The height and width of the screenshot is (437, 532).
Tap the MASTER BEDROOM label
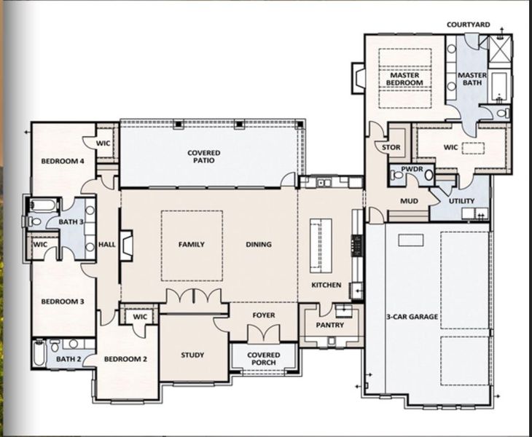point(407,79)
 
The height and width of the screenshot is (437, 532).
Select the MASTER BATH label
point(472,79)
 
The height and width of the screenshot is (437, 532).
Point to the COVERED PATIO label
point(204,157)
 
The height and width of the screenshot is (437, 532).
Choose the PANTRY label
point(330,325)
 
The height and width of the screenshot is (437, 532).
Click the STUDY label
point(192,355)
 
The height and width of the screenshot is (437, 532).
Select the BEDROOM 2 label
point(125,359)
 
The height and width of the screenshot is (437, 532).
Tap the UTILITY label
point(462,201)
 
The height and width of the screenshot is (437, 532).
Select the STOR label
point(391,148)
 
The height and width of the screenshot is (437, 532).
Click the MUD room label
point(408,201)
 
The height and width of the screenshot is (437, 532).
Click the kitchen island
point(317,245)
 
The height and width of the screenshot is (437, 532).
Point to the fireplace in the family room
point(127,245)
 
